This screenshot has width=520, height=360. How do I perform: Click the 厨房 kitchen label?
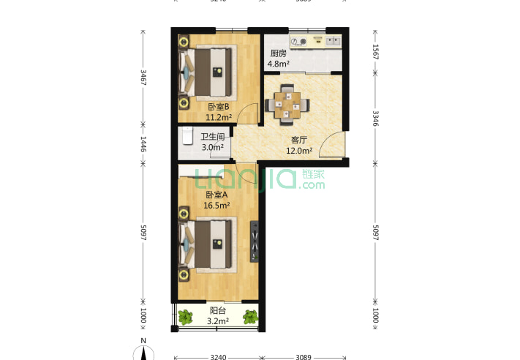tap(278, 53)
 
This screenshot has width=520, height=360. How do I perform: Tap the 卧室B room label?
tap(218, 107)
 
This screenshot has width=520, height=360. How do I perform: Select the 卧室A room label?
tap(216, 195)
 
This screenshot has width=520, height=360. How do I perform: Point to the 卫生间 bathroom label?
tap(213, 137)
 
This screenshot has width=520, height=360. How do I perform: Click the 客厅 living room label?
tap(298, 140)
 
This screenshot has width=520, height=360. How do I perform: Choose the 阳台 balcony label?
tap(217, 310)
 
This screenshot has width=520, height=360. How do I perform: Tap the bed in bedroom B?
tap(211, 72)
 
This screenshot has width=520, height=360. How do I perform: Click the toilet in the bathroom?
tap(186, 138)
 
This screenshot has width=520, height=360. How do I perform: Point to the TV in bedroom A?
tap(254, 241)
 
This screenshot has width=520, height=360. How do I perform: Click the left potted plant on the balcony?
tap(185, 317)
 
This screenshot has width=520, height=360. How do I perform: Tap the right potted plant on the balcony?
tap(250, 317)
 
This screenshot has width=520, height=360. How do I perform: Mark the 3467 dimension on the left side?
tap(143, 78)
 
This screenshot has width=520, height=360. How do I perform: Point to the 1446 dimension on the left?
tap(143, 144)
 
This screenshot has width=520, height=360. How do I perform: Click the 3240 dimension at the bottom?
tap(218, 357)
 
